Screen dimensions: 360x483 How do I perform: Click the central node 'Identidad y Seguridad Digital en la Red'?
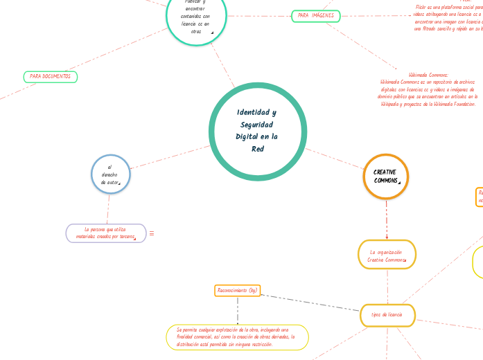pyautogui.click(x=257, y=131)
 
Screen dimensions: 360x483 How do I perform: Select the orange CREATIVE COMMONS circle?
pyautogui.click(x=386, y=176)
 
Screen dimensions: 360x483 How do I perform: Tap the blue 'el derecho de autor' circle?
pyautogui.click(x=111, y=174)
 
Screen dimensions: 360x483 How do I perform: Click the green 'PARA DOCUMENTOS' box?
pyautogui.click(x=51, y=76)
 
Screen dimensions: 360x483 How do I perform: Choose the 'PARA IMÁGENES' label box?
pyautogui.click(x=315, y=15)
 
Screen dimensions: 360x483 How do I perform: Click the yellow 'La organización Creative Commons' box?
pyautogui.click(x=387, y=255)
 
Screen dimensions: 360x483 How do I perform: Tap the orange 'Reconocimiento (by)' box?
pyautogui.click(x=238, y=290)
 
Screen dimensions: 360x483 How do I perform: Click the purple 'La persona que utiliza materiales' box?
pyautogui.click(x=106, y=233)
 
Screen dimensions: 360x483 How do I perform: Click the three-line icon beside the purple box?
pyautogui.click(x=152, y=233)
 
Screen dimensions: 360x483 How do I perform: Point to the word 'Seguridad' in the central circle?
pyautogui.click(x=257, y=125)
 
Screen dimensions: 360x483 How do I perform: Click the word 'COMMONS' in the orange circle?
pyautogui.click(x=386, y=181)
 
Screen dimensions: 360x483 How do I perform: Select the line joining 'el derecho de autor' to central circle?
pyautogui.click(x=170, y=157)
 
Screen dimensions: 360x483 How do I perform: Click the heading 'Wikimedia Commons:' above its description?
pyautogui.click(x=428, y=75)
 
